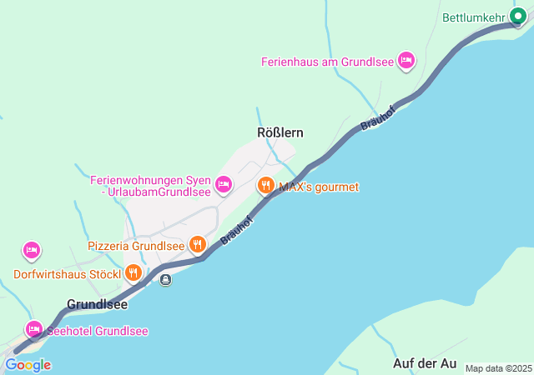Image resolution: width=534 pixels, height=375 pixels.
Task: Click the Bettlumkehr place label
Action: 473,17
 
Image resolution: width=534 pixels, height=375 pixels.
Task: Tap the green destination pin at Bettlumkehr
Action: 519,16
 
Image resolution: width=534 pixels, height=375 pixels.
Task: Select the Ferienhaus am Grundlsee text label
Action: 327,61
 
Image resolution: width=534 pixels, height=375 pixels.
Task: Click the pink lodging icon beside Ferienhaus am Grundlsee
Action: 406,60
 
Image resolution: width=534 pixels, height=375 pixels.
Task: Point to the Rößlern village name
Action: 280,132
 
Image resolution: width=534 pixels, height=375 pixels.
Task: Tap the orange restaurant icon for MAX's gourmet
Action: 266,185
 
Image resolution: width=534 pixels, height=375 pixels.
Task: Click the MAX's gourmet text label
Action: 318,187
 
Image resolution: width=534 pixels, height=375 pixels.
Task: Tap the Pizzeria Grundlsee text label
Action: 136,246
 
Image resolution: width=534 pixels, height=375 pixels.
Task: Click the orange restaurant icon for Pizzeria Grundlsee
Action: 198,244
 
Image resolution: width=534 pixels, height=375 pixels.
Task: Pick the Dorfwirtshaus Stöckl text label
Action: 67,273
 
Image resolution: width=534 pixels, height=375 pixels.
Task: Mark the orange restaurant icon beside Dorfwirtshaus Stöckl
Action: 133,272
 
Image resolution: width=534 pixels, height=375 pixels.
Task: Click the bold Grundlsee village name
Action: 98,304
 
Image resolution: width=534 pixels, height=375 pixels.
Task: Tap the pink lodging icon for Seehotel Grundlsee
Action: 33,329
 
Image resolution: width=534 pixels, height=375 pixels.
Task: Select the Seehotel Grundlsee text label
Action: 98,331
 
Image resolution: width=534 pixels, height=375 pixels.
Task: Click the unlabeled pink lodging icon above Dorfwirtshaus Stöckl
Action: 32,249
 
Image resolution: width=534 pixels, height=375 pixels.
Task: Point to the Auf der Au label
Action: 425,363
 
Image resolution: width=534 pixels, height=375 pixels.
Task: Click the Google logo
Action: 28,365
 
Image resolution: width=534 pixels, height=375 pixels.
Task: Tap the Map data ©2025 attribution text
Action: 498,368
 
